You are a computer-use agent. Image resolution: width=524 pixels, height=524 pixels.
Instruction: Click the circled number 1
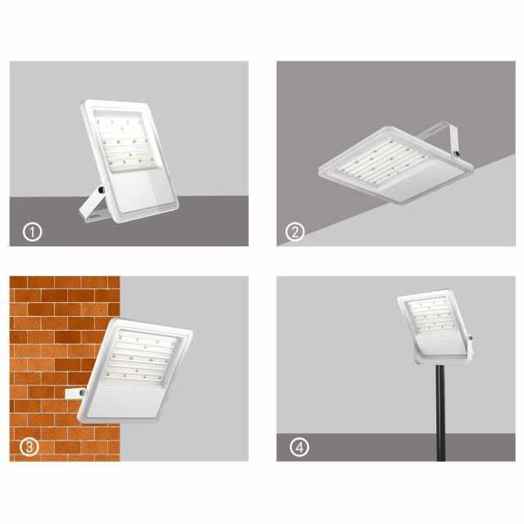coord(33,232)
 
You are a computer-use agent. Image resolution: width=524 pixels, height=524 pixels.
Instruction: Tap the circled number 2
coord(295,232)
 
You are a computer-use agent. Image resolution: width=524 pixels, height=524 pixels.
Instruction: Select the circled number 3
coord(29,447)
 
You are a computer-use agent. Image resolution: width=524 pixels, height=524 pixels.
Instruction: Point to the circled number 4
coord(299,447)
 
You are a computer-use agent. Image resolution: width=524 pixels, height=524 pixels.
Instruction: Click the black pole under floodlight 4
coord(440,413)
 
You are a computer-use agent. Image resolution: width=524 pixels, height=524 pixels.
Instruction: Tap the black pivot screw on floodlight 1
coord(102,190)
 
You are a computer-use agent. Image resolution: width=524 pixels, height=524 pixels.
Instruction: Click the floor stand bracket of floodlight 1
coord(93,205)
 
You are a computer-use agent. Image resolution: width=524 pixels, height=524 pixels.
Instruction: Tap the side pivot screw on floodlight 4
coord(470,338)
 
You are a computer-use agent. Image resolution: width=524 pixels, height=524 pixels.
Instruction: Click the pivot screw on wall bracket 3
coord(82,393)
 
